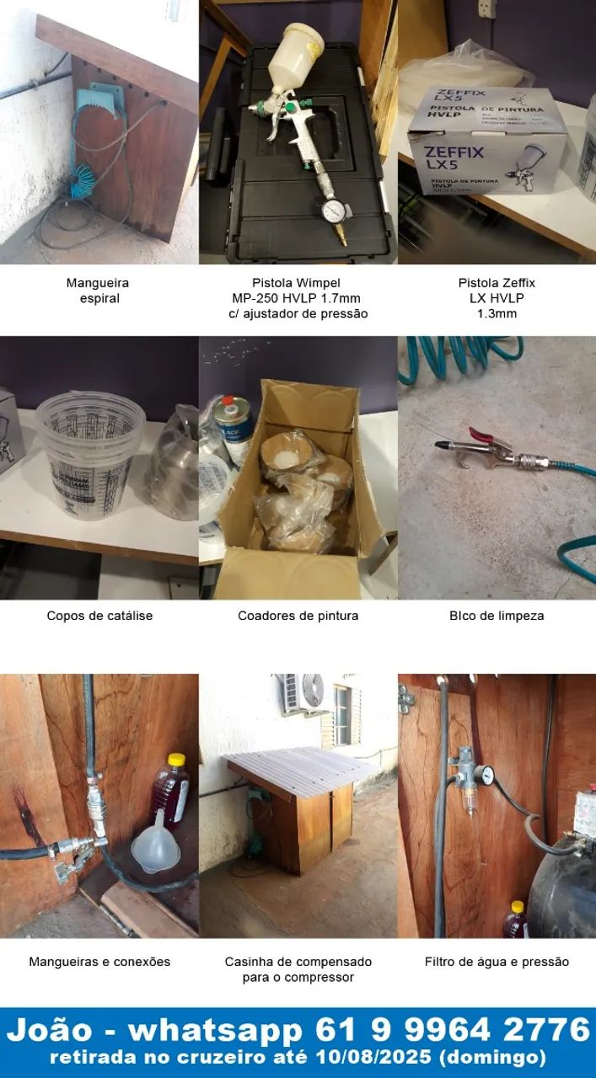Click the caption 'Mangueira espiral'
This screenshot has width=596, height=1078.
[99, 291]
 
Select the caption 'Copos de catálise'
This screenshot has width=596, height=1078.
[99, 616]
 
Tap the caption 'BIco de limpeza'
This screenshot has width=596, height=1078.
[497, 616]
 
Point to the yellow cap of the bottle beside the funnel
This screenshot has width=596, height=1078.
[176, 759]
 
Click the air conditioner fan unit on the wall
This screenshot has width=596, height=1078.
[309, 693]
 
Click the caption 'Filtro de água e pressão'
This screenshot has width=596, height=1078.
[497, 961]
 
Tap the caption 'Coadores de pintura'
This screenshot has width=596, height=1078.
[298, 616]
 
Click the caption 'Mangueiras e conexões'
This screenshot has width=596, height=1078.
[99, 961]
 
